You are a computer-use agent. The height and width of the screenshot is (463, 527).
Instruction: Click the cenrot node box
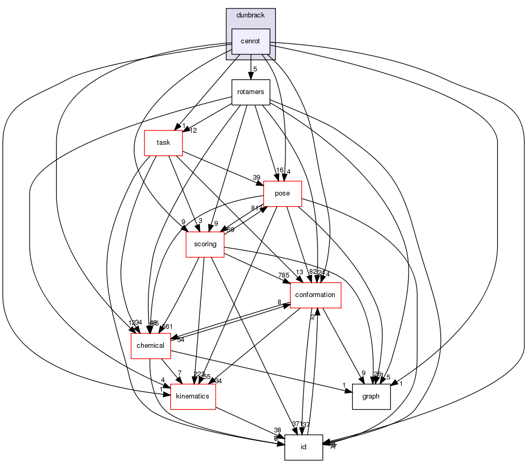[x=251, y=41]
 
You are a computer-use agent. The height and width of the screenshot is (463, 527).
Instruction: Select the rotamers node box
[x=251, y=92]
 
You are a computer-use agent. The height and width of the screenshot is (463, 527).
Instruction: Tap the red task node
[x=163, y=143]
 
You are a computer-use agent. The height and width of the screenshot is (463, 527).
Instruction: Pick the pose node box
[x=282, y=193]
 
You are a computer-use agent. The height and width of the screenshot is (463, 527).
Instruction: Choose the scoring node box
[x=205, y=244]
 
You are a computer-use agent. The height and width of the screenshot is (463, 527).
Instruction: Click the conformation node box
[x=316, y=295]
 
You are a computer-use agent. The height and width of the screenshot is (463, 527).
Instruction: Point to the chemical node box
[x=151, y=346]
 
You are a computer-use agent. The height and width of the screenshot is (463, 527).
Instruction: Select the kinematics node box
[x=193, y=396]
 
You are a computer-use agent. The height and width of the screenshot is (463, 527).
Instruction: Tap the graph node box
[x=371, y=396]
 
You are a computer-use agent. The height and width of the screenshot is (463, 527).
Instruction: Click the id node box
[x=303, y=447]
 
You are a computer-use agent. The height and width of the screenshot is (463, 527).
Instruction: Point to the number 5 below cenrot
[x=255, y=69]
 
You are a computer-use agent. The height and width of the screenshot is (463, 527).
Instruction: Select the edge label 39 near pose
[x=256, y=177]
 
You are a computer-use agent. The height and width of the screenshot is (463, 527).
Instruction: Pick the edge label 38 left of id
[x=278, y=430]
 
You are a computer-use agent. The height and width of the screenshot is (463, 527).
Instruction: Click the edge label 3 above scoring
[x=200, y=220]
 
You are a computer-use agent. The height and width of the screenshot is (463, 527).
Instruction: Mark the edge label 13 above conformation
[x=299, y=272]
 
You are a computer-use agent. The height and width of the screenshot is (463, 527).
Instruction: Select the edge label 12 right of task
[x=193, y=131]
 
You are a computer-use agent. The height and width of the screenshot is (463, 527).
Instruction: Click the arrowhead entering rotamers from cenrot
[x=251, y=77]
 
